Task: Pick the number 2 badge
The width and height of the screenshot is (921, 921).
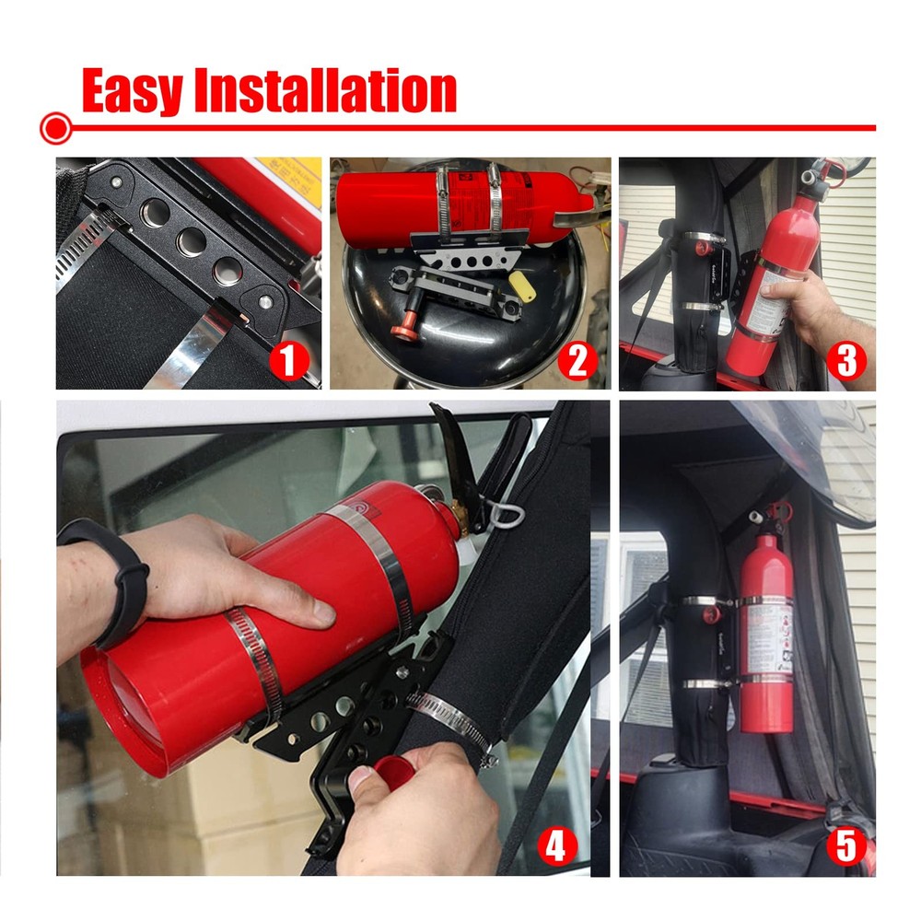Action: (577, 360)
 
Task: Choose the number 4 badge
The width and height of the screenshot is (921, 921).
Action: (554, 845)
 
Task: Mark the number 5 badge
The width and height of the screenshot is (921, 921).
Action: (845, 845)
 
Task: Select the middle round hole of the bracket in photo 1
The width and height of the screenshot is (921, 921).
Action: (192, 242)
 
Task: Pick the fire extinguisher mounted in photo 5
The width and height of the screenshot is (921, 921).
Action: (767, 626)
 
